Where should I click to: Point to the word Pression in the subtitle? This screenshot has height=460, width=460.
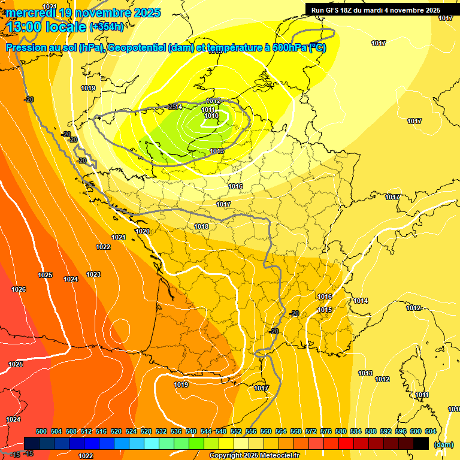28,48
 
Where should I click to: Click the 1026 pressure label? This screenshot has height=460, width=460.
19,289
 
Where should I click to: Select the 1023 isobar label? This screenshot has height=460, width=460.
93,274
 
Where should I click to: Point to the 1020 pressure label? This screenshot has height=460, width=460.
143,231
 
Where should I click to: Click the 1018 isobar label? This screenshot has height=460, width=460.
201,226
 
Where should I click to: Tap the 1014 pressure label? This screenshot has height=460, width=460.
361,301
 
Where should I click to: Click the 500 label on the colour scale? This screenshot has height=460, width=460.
41,431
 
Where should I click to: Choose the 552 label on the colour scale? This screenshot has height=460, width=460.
236,431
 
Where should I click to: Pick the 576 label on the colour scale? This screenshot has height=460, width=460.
326,431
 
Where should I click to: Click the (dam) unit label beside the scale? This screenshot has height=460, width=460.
443,444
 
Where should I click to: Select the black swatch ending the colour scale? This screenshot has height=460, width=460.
421,444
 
